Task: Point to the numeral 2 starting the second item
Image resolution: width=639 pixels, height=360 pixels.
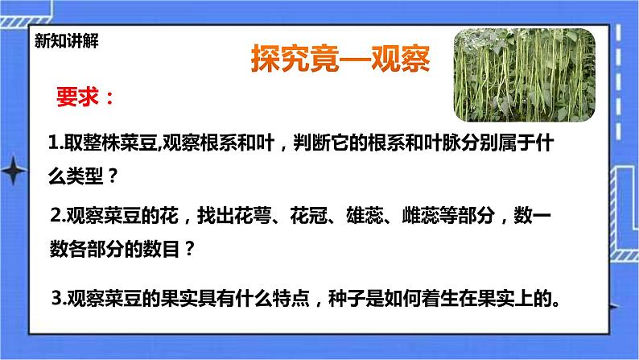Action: click(54, 215)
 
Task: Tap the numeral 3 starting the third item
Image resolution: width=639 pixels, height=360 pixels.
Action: click(55, 299)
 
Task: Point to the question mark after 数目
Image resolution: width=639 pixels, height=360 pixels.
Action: click(190, 249)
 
